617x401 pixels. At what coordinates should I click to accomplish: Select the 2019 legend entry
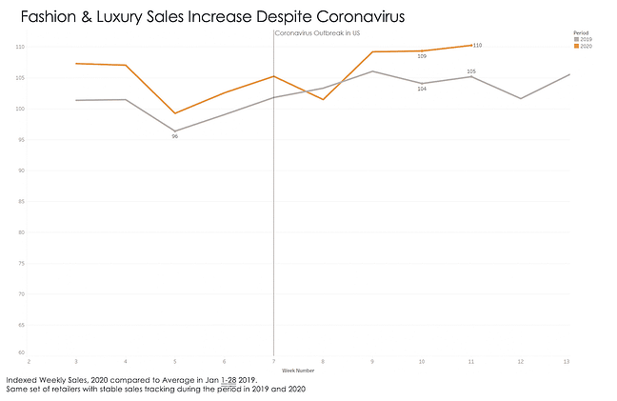tap(586, 40)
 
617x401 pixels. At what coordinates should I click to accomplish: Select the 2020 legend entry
tap(586, 47)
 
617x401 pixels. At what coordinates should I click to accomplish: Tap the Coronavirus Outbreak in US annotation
tap(317, 33)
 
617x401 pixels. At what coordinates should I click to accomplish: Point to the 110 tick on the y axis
tap(20, 47)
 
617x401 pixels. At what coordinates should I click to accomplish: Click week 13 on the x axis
tap(567, 362)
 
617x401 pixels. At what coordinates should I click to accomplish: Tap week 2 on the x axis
tap(30, 362)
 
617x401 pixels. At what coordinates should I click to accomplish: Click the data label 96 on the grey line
tap(175, 137)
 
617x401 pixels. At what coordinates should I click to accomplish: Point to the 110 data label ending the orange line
tap(477, 46)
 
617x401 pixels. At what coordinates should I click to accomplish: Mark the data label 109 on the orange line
tap(422, 56)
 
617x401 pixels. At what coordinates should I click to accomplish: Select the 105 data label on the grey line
tap(471, 70)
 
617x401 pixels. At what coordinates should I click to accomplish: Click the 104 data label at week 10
tap(422, 89)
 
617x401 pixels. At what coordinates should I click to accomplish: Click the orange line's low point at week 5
tap(175, 113)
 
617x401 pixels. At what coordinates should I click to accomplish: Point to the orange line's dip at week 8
tap(323, 100)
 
